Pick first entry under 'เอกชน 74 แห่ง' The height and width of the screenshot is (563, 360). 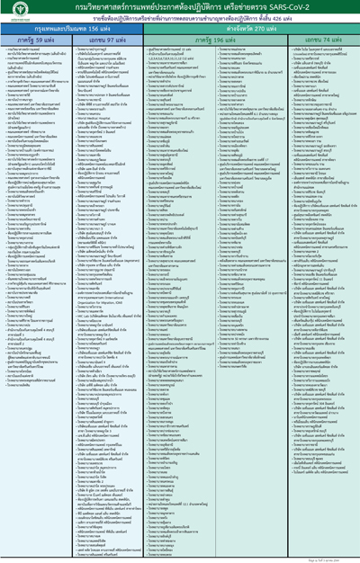click(x=320, y=54)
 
